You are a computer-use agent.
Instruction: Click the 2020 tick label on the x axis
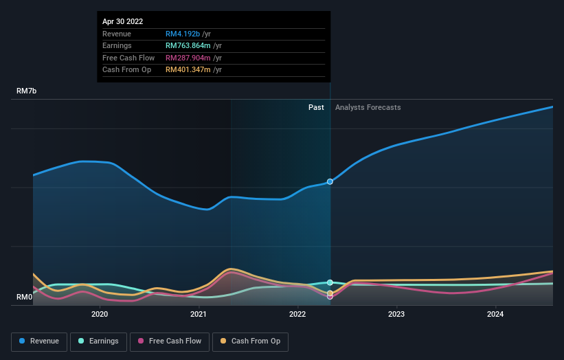tap(100, 315)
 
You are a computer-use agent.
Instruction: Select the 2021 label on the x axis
tap(199, 315)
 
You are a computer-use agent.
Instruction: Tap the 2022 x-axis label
tap(297, 315)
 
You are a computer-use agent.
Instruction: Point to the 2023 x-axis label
tap(396, 315)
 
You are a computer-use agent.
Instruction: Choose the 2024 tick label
tap(495, 315)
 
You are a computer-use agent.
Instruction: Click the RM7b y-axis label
tap(27, 91)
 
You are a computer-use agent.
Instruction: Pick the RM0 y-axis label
tap(25, 297)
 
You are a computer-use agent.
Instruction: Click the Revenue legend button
tap(40, 341)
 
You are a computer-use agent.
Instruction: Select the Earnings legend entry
tap(98, 341)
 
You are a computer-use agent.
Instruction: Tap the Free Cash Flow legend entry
tap(170, 341)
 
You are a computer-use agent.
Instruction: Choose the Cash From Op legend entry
tap(250, 341)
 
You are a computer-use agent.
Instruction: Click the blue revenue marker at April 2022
tap(330, 182)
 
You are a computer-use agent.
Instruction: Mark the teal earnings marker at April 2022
tap(330, 282)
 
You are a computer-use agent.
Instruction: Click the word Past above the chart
tap(316, 107)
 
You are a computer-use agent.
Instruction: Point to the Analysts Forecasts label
tap(368, 107)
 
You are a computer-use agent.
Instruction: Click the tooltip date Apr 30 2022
tap(123, 22)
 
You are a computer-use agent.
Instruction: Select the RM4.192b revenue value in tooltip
tap(183, 34)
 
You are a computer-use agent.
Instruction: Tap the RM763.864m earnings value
tap(188, 45)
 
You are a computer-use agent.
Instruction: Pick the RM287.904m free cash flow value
tap(188, 58)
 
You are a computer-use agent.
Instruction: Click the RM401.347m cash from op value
tap(188, 69)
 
